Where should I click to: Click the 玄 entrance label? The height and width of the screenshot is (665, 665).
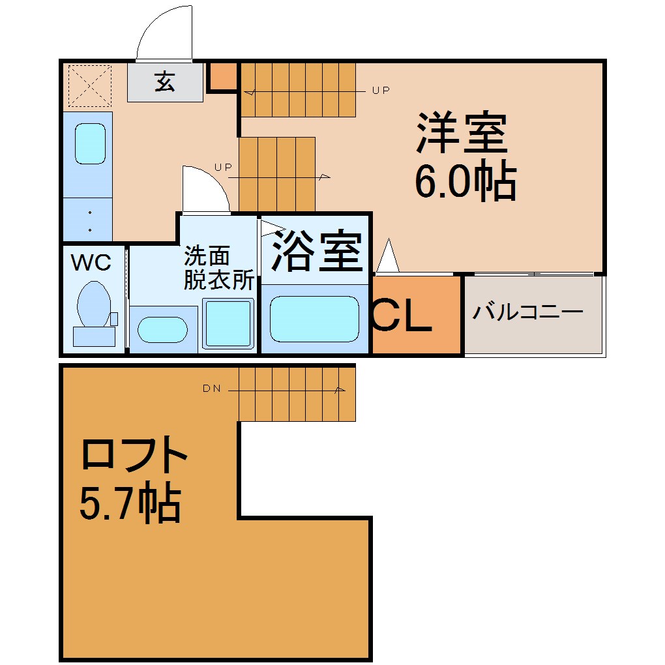[x=164, y=82]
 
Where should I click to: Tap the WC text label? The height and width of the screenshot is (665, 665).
[x=91, y=263]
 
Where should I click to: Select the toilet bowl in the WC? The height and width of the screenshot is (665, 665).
[x=94, y=304]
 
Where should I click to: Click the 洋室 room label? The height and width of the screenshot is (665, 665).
[x=462, y=132]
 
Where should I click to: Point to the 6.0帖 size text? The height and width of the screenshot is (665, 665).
[x=465, y=182]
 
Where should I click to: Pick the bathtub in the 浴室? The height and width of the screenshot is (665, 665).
[x=314, y=319]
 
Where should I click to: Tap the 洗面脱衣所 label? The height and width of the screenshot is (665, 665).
[x=218, y=268]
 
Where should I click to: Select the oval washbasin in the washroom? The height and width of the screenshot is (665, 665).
[x=162, y=329]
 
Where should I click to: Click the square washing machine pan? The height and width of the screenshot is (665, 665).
[x=228, y=323]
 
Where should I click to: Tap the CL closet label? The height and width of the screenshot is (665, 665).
[x=401, y=316]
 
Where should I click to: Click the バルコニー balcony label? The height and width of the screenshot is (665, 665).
[x=528, y=312]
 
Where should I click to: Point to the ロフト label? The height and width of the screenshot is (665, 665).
[x=134, y=454]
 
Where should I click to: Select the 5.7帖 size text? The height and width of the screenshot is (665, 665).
[x=130, y=503]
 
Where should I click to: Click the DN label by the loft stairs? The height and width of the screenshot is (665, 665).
[x=212, y=388]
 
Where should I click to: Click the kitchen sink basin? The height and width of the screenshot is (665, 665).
[x=91, y=144]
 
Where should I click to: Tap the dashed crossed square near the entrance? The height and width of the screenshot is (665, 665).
[x=89, y=85]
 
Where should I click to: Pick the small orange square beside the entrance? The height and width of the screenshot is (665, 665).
[x=223, y=76]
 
